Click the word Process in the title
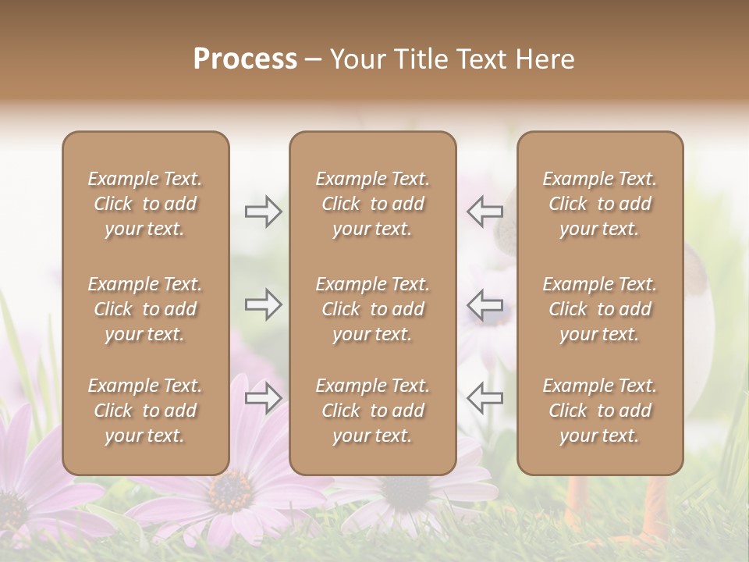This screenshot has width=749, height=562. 245,59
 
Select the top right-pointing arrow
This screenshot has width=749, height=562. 264,212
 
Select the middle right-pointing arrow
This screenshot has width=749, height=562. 264,304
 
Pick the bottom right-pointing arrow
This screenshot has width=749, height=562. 264,398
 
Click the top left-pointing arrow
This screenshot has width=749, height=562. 485,212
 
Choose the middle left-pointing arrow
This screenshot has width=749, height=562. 485,304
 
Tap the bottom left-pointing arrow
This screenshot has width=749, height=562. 485,398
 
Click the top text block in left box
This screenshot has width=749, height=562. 145,204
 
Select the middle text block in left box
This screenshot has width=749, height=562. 145,309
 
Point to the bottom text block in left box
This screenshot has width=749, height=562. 145,411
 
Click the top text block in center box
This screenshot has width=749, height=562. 372,204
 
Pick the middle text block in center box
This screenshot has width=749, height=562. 372,309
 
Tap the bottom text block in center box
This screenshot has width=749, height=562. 372,411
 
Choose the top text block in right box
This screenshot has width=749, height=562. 599,204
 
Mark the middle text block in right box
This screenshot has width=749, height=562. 599,309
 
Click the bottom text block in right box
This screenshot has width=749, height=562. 599,411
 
